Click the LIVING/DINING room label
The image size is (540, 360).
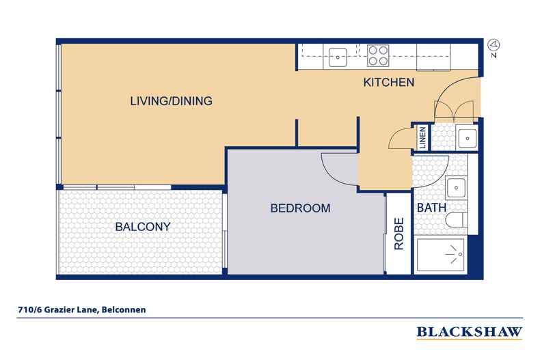point(171,101)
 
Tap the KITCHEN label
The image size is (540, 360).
point(389,82)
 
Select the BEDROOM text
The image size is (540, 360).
point(300,208)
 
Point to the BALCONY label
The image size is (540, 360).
point(143,227)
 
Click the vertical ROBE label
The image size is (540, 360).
point(399,234)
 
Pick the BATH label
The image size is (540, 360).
point(431,208)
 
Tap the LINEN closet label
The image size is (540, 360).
point(422,137)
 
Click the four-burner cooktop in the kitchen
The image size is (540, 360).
point(378,55)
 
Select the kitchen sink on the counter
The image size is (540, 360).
point(338,57)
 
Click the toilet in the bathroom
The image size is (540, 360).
point(457,219)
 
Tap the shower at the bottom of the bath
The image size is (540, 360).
point(440,255)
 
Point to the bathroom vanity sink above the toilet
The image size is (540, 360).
point(457,188)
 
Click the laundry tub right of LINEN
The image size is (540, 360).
point(467,138)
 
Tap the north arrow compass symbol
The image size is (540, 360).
point(494,49)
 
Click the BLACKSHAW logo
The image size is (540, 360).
point(470,332)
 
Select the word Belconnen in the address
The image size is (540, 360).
point(124,309)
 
